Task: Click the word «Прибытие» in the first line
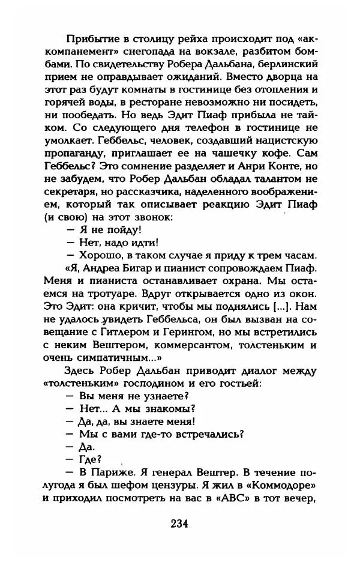(91, 34)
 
